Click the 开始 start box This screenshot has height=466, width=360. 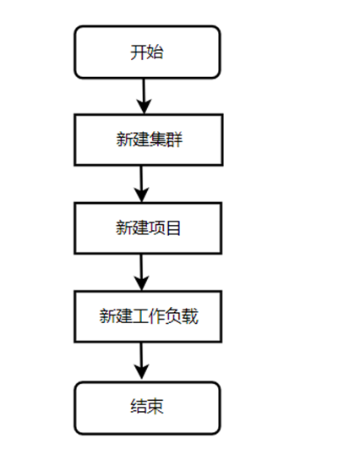pyautogui.click(x=147, y=52)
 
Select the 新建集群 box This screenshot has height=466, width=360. pyautogui.click(x=149, y=140)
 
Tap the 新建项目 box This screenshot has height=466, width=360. pyautogui.click(x=148, y=228)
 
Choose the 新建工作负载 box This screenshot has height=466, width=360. pyautogui.click(x=148, y=316)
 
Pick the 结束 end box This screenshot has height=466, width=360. pyautogui.click(x=147, y=408)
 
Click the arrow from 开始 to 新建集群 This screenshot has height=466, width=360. pyautogui.click(x=144, y=96)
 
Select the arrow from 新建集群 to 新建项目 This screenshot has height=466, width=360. pyautogui.click(x=141, y=184)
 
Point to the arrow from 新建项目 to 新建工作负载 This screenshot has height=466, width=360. pyautogui.click(x=141, y=272)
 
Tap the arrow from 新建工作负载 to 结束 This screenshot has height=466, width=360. pyautogui.click(x=141, y=361)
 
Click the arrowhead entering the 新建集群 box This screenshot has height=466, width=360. pyautogui.click(x=144, y=107)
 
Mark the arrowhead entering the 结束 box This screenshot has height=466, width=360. pyautogui.click(x=142, y=372)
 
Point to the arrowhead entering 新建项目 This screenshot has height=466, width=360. pyautogui.click(x=142, y=195)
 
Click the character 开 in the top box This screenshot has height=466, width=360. pyautogui.click(x=139, y=52)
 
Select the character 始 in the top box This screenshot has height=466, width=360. pyautogui.click(x=155, y=52)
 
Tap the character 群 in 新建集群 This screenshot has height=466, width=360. pyautogui.click(x=174, y=140)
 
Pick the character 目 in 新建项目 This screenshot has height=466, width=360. pyautogui.click(x=173, y=228)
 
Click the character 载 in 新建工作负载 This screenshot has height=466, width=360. pyautogui.click(x=190, y=316)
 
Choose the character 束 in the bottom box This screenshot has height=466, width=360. pyautogui.click(x=155, y=406)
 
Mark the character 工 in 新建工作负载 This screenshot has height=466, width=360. pyautogui.click(x=140, y=316)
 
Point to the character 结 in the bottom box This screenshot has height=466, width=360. pyautogui.click(x=139, y=406)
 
